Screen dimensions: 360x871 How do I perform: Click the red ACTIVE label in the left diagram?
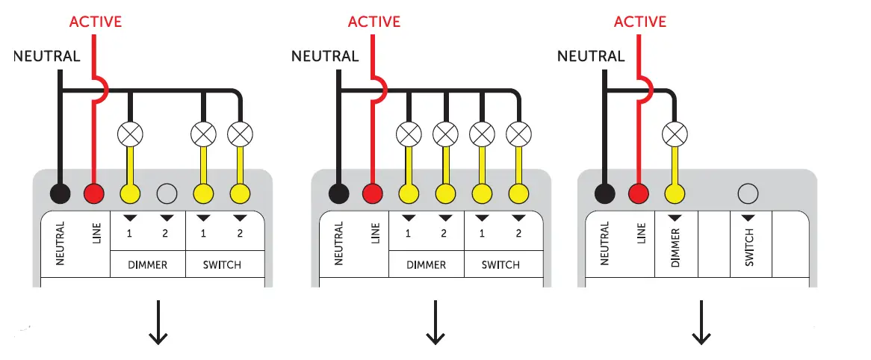95,21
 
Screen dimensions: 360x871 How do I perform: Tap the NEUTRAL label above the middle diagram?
324,56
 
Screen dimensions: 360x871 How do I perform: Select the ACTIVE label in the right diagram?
639,21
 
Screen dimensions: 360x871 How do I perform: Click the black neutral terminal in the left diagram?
61,194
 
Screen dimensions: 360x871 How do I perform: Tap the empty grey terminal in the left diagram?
167,194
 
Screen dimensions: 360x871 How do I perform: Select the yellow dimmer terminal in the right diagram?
675,194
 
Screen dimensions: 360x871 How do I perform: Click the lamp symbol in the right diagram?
675,134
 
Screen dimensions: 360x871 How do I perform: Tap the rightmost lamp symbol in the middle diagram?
518,134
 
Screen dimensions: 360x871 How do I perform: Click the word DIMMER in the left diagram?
147,265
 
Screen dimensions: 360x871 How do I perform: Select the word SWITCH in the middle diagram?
500,265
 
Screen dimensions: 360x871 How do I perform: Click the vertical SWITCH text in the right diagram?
749,246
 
